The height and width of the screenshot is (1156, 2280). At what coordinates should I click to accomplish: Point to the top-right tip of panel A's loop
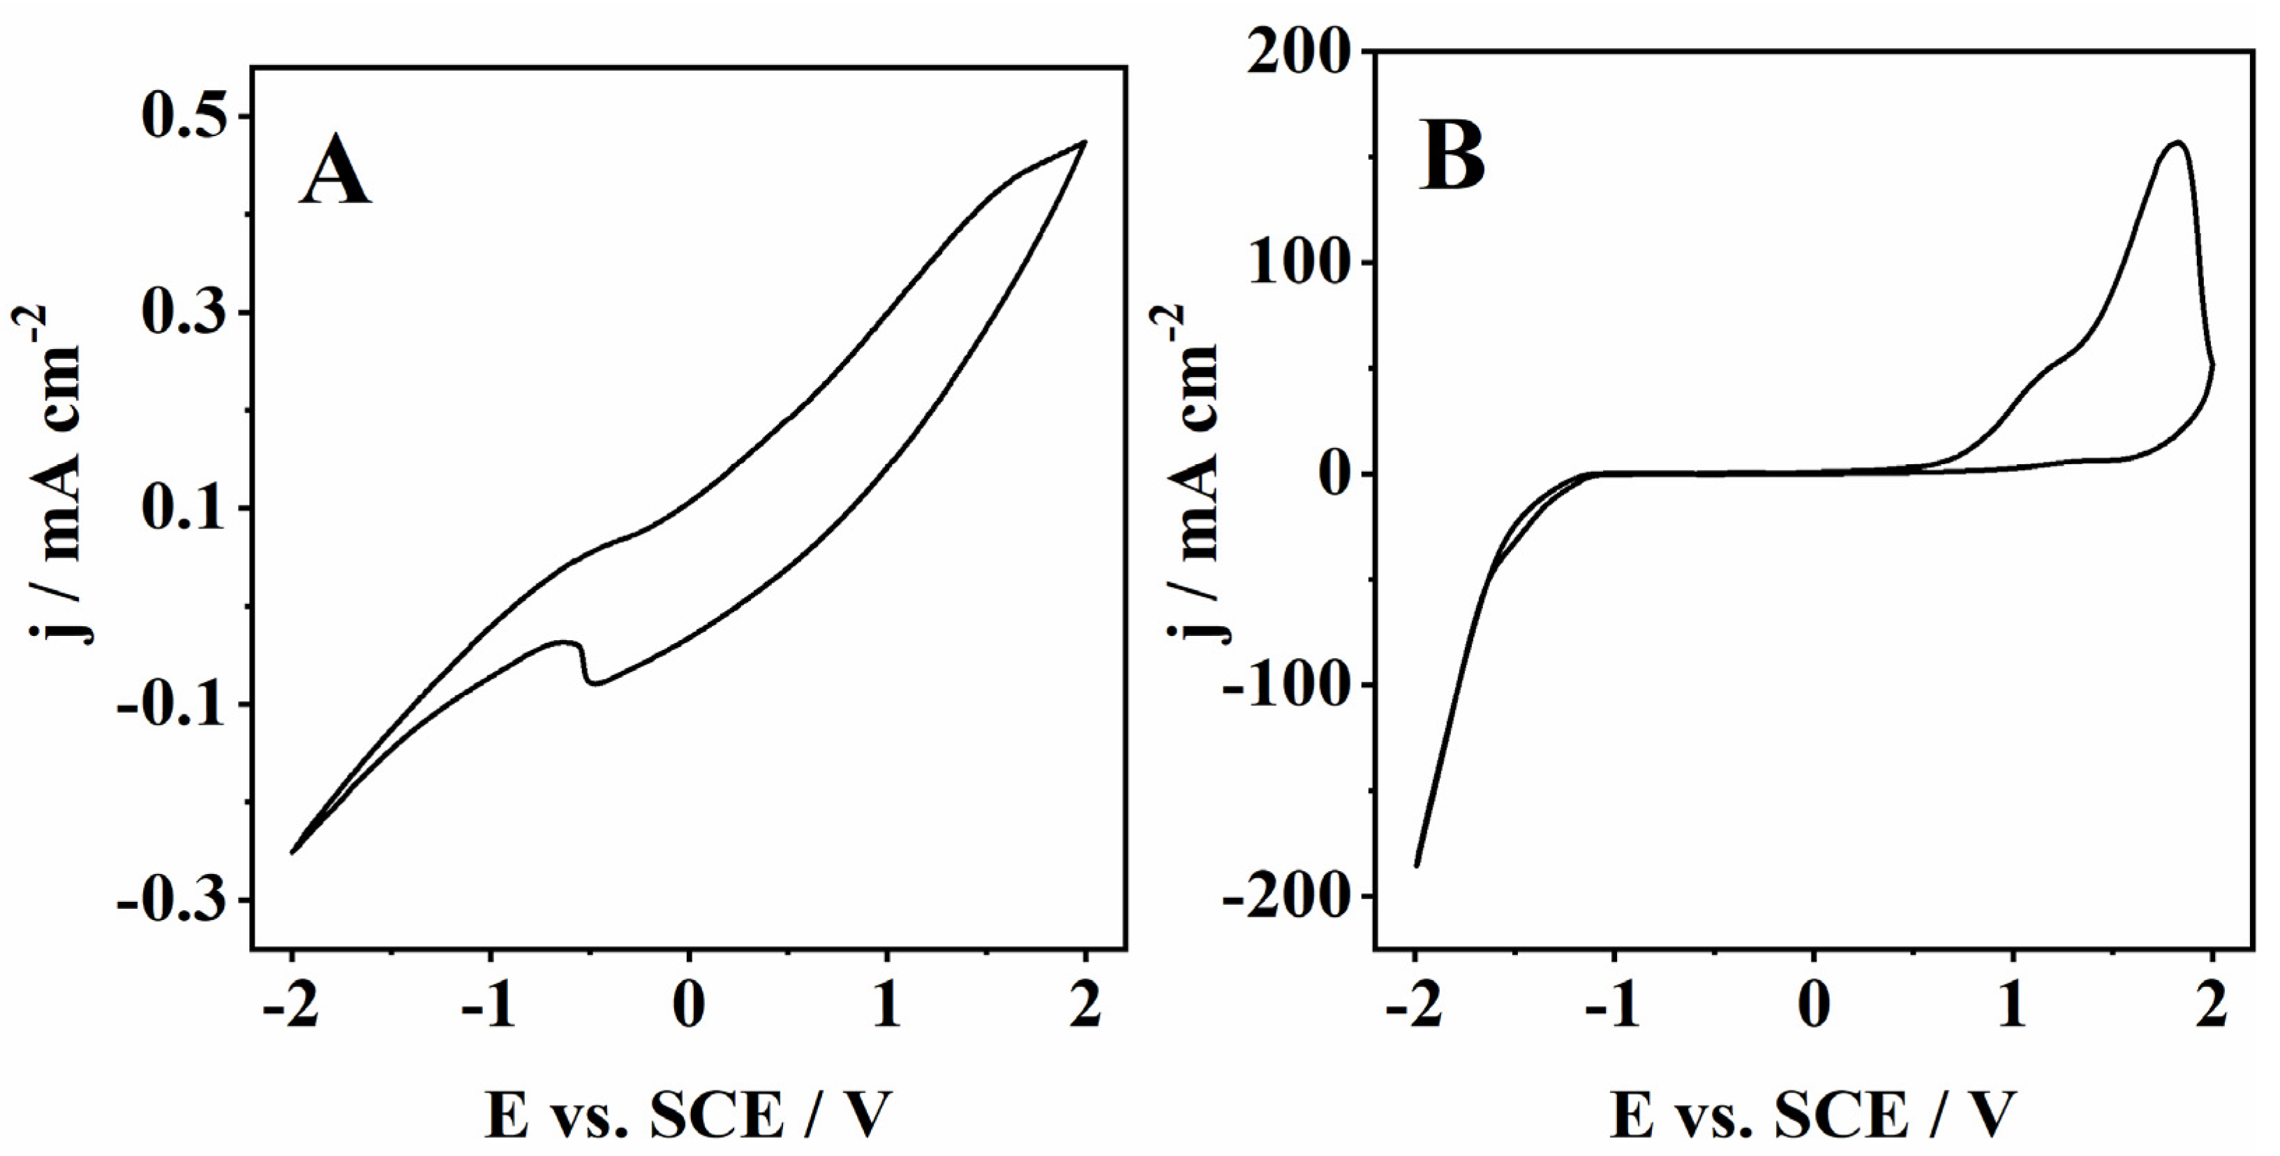1085,142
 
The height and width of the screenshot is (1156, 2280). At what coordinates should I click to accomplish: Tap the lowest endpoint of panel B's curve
1417,865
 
